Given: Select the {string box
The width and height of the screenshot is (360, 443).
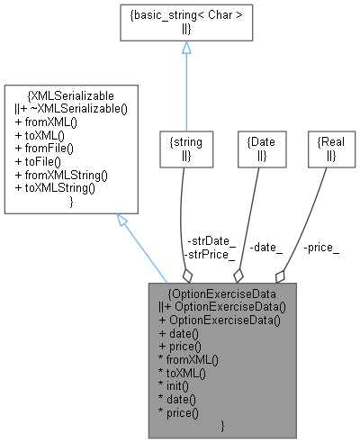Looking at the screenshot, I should (x=182, y=149).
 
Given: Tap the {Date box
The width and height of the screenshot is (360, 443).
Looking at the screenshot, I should (x=256, y=149).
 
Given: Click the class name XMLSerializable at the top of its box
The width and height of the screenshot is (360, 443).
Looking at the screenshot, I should (x=71, y=93).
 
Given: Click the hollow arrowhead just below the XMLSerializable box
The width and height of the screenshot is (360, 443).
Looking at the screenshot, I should (x=123, y=220).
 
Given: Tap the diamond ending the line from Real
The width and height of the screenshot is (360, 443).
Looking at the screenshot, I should (x=281, y=274).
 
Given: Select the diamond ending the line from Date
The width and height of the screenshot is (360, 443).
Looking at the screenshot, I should (x=238, y=274).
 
